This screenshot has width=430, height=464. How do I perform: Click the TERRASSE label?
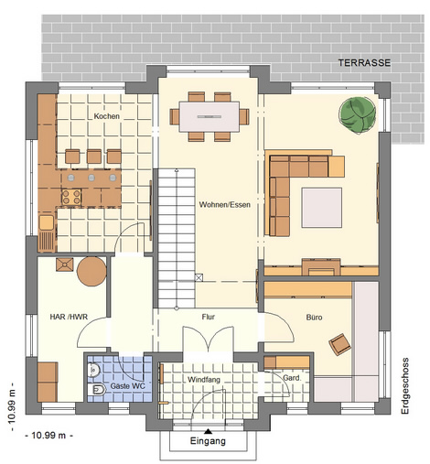click(364, 63)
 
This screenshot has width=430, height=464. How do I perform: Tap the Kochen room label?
click(106, 116)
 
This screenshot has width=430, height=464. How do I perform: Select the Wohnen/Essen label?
click(225, 205)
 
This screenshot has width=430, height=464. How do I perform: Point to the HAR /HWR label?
click(69, 317)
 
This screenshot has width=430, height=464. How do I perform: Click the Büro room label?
click(314, 318)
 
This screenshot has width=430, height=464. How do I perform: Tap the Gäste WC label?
click(127, 386)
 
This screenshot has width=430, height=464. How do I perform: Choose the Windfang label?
click(204, 380)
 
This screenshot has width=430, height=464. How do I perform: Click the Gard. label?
click(292, 378)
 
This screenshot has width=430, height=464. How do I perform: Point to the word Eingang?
click(208, 441)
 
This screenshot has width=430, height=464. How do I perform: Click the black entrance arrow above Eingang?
click(208, 431)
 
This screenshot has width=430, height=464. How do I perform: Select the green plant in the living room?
click(358, 115)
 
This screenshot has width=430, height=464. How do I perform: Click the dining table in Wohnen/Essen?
click(210, 116)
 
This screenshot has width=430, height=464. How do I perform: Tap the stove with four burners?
click(71, 197)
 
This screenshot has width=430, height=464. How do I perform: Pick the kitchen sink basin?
click(46, 222)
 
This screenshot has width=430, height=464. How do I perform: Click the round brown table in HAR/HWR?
click(91, 272)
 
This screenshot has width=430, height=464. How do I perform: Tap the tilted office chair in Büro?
click(339, 344)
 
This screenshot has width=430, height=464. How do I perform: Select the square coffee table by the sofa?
click(322, 208)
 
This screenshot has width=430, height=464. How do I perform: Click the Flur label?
click(209, 317)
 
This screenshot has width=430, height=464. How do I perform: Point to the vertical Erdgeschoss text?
click(405, 386)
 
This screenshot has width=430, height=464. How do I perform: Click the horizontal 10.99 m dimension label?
click(48, 436)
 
